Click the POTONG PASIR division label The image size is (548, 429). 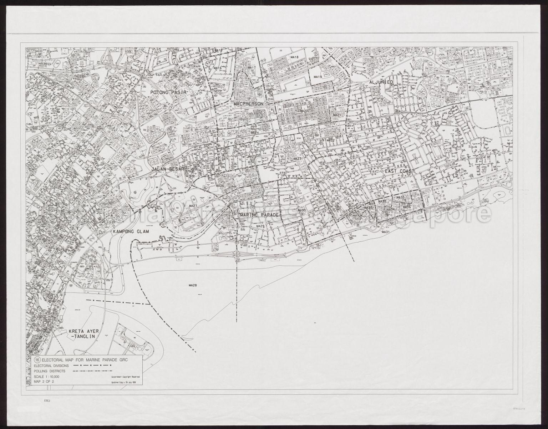[x=168, y=92]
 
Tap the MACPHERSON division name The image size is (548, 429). [x=248, y=103]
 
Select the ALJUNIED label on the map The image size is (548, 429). [x=378, y=82]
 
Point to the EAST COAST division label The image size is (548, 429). [x=400, y=172]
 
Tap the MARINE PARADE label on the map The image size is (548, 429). [x=259, y=215]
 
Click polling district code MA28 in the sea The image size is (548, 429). [x=193, y=285]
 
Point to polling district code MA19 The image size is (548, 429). [x=318, y=77]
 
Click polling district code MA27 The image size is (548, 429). [x=193, y=206]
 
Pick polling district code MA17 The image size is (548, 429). [x=252, y=68]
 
